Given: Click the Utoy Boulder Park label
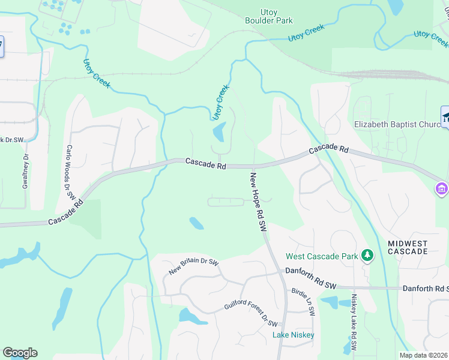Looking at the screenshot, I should pyautogui.click(x=268, y=16).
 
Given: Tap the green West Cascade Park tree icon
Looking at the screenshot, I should pyautogui.click(x=367, y=257).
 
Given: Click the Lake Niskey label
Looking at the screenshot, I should pyautogui.click(x=294, y=335).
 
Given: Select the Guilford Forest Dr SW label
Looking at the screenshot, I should pyautogui.click(x=251, y=314).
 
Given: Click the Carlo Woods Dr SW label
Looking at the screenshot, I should pyautogui.click(x=70, y=172).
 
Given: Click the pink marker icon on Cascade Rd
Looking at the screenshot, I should pyautogui.click(x=442, y=189).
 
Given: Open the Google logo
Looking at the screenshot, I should pyautogui.click(x=20, y=353).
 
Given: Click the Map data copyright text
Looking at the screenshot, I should pyautogui.click(x=423, y=355).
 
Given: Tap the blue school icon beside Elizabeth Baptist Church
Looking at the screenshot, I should pyautogui.click(x=446, y=118).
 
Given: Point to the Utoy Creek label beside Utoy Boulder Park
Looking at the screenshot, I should pyautogui.click(x=306, y=33).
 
